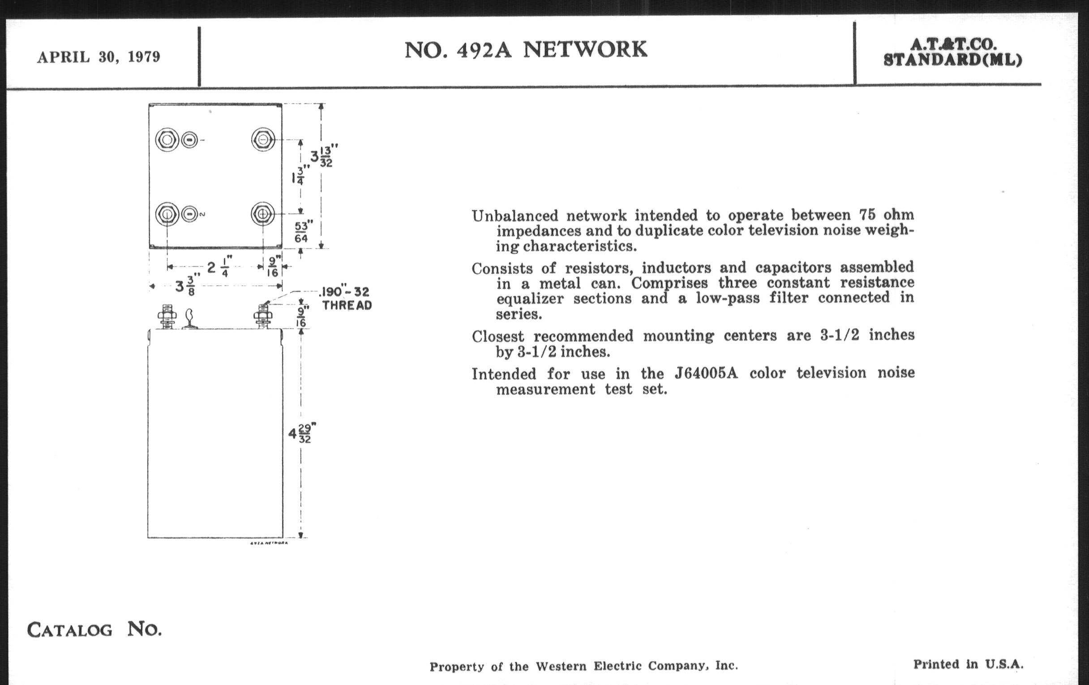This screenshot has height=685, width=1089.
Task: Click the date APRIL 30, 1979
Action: tap(99, 57)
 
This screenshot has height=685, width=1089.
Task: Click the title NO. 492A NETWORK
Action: tap(526, 50)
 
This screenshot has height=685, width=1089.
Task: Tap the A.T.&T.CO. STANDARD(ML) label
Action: tap(953, 52)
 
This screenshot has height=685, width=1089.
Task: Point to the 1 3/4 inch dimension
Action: tap(300, 175)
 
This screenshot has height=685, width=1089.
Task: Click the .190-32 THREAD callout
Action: tap(346, 298)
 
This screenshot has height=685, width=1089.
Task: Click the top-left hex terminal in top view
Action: tap(167, 140)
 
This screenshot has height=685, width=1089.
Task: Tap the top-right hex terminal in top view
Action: tap(263, 139)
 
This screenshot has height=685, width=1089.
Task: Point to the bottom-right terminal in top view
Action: tap(263, 214)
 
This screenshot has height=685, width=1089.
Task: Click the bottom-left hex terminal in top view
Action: tap(167, 214)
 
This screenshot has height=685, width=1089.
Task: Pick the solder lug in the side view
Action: tap(190, 318)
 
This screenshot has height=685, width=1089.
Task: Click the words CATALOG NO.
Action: tap(94, 629)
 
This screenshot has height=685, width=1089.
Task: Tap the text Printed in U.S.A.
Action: tap(968, 664)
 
